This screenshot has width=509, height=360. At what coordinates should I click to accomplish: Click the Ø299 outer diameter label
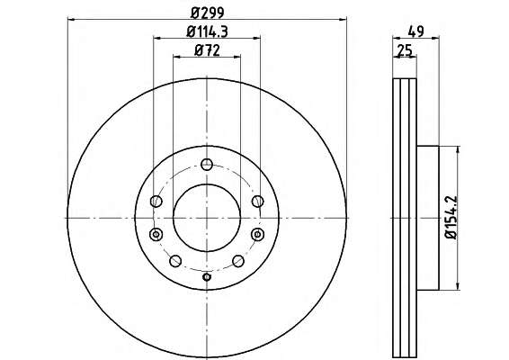click(x=208, y=13)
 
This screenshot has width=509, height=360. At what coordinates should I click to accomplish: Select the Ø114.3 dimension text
click(x=207, y=31)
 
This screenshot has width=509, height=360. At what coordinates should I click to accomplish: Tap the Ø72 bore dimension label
click(x=207, y=50)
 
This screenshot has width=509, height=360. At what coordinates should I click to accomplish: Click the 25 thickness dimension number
click(x=405, y=50)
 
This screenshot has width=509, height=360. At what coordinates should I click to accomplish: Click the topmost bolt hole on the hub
click(x=207, y=165)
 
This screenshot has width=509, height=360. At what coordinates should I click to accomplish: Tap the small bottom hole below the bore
click(x=207, y=277)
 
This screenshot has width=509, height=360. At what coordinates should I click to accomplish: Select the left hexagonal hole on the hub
click(x=156, y=234)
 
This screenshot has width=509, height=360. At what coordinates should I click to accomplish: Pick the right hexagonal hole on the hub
click(x=258, y=234)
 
